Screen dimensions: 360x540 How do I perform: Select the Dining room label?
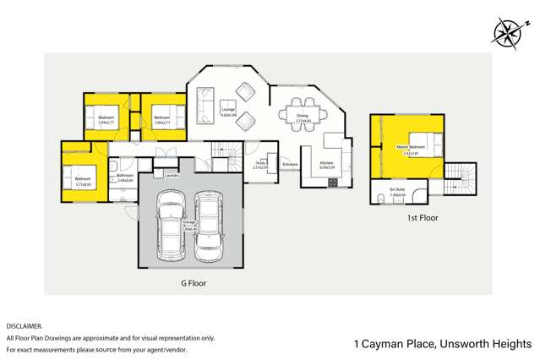[x=303, y=118]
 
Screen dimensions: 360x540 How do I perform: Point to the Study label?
[x=260, y=164]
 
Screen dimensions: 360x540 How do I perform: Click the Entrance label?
[x=290, y=164]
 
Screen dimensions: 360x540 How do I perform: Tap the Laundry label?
[x=172, y=176]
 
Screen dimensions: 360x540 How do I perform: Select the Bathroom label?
[x=126, y=177]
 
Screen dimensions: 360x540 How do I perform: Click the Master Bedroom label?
[x=410, y=149]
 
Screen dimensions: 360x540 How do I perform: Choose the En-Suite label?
[x=397, y=190]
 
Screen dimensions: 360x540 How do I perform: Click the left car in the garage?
[x=172, y=225]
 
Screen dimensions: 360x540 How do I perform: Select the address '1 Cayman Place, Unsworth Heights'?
[x=442, y=344]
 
